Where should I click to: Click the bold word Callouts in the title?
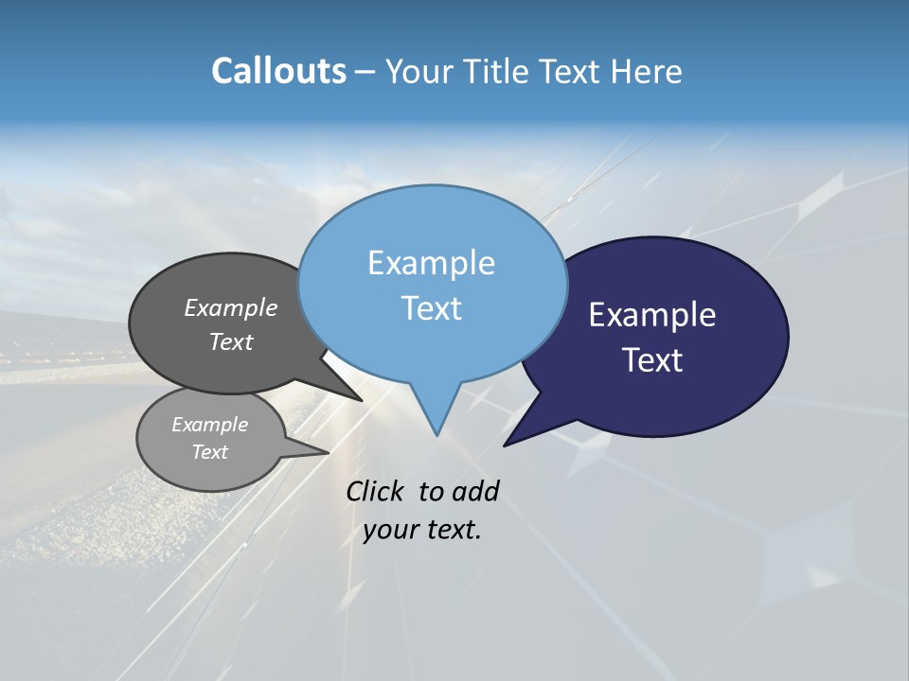coord(278,72)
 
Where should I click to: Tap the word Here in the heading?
coord(647,72)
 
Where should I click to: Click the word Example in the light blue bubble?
coord(431,263)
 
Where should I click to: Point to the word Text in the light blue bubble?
coord(431,308)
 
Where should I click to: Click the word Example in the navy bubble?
coord(652,315)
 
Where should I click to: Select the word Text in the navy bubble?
coord(652,360)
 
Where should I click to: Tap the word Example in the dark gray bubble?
coord(231,307)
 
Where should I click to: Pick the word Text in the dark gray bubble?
coord(231,341)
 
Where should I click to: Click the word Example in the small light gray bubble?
coord(209,425)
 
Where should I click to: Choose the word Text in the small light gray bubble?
coord(209,452)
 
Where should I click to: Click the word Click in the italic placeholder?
coord(376,491)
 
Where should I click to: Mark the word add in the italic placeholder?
coord(474,491)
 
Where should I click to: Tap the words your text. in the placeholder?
coord(422,530)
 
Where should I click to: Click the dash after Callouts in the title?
coord(365,72)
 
